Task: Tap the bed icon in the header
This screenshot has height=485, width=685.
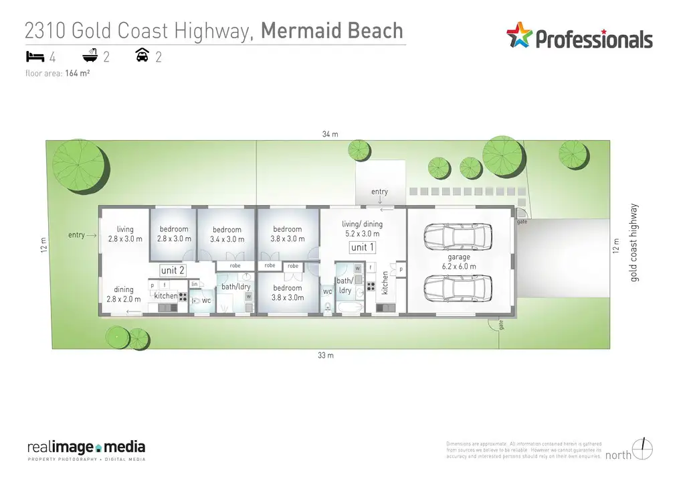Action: pos(35,56)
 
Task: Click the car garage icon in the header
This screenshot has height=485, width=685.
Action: pos(142,56)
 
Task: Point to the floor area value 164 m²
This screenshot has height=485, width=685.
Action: pos(78,74)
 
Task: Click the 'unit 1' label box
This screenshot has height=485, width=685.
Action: pos(363,247)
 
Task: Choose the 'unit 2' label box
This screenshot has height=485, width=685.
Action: pos(173,270)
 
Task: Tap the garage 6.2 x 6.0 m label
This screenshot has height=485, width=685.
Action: pos(459,261)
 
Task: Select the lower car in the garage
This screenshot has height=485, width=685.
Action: pos(458,289)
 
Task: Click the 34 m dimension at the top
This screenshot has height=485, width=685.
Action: pos(330,134)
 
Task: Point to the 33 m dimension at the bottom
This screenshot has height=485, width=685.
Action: pos(325,356)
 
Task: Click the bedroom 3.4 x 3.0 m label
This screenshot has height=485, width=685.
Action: pos(226,234)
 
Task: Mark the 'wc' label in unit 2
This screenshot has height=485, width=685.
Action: pos(206,301)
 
